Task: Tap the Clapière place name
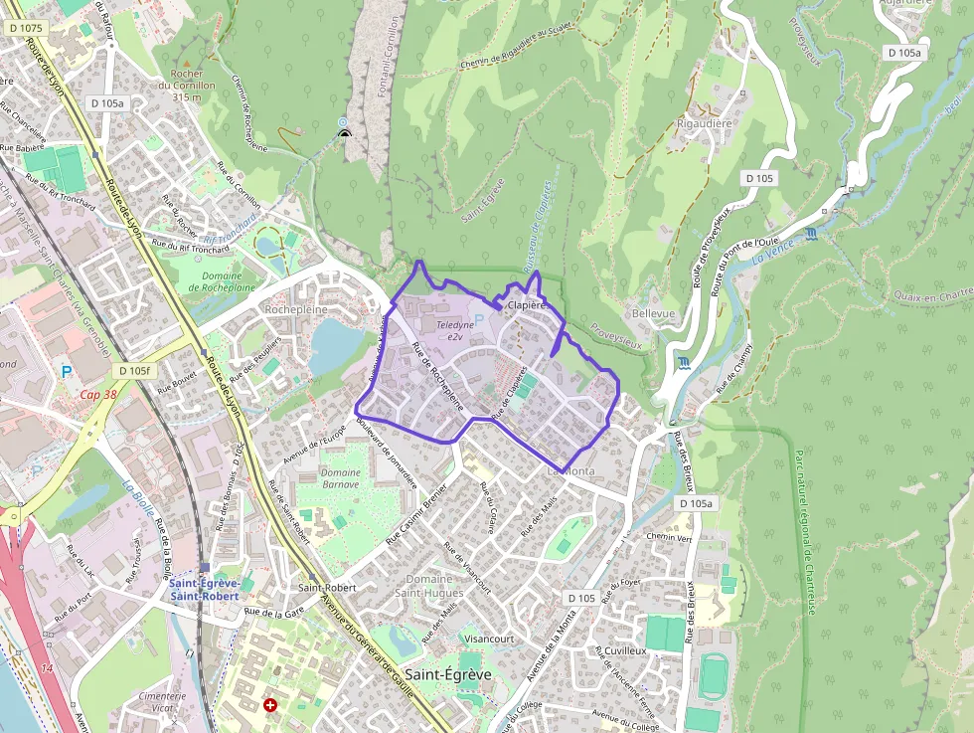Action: tap(528, 305)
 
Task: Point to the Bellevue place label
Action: tap(653, 313)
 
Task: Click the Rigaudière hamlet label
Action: tap(704, 124)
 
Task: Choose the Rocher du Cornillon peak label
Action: tap(187, 86)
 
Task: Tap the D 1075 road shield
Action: tap(27, 29)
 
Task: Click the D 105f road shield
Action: tap(133, 371)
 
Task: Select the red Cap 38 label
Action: tap(98, 394)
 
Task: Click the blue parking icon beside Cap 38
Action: tap(68, 372)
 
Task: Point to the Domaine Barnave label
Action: tap(341, 478)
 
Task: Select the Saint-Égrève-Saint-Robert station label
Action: tap(204, 590)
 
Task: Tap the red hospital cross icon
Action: tap(270, 705)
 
